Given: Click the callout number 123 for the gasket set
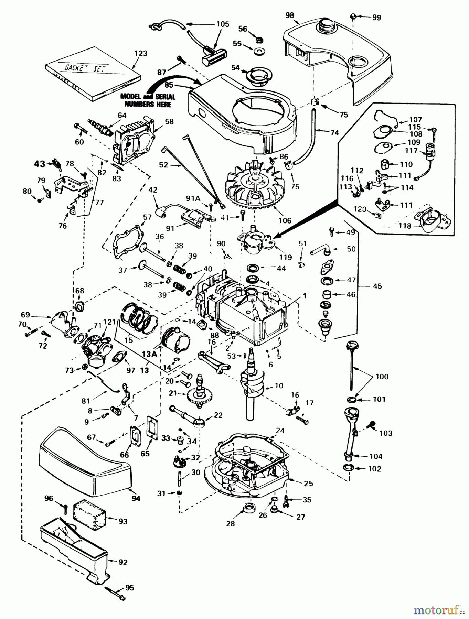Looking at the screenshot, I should (x=141, y=53).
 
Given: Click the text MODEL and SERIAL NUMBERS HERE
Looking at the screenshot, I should (x=148, y=100).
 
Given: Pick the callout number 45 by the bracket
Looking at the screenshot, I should (x=377, y=286).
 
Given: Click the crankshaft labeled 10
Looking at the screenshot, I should (x=253, y=389).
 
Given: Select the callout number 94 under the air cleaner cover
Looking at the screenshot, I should (x=136, y=498).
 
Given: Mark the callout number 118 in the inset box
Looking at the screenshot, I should (x=405, y=226).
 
